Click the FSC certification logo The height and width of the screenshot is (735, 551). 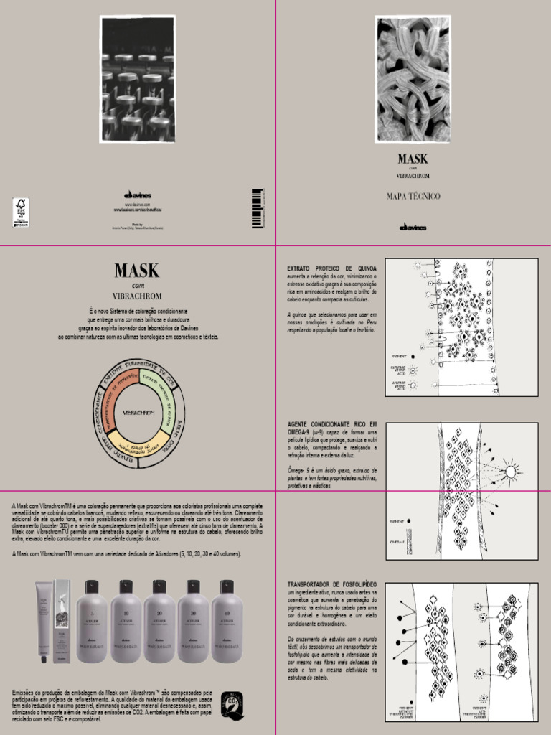[21, 212]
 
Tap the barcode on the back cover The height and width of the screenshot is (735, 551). [257, 208]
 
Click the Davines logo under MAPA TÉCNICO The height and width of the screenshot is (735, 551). [413, 228]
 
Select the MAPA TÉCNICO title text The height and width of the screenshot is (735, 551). [413, 196]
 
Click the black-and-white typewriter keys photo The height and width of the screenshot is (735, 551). [138, 80]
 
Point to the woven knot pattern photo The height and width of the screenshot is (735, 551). [413, 80]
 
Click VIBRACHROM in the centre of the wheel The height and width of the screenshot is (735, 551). [138, 413]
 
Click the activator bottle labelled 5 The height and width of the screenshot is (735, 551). [92, 622]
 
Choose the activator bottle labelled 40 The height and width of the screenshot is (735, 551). [227, 622]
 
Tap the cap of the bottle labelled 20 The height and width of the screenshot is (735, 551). [159, 586]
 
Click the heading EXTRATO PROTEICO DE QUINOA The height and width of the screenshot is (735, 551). [331, 268]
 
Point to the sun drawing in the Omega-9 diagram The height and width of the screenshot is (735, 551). [510, 472]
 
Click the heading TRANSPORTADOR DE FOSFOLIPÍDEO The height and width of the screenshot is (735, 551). [331, 585]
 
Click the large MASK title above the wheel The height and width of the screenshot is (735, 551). [137, 271]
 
